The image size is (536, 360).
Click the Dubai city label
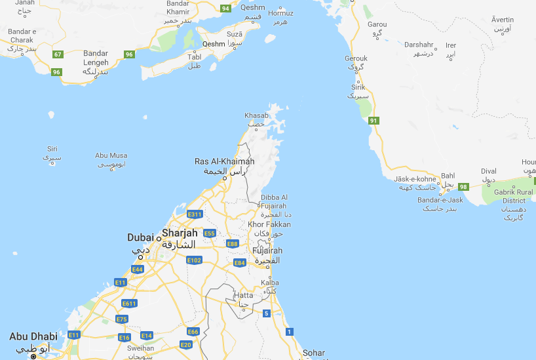click(x=140, y=237)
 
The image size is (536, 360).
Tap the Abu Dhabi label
click(x=33, y=337)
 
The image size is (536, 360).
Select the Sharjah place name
click(x=180, y=233)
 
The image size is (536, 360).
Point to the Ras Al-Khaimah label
click(x=224, y=161)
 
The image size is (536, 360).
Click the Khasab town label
click(x=256, y=115)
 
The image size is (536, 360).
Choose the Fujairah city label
click(x=267, y=250)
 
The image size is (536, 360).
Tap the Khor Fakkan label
click(x=265, y=225)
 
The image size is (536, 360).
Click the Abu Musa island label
click(x=111, y=155)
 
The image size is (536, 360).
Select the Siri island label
click(x=52, y=149)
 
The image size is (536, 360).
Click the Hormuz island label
click(x=281, y=13)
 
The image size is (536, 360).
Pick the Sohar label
click(x=313, y=353)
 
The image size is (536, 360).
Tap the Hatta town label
click(x=243, y=296)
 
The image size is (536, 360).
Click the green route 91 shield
click(x=373, y=121)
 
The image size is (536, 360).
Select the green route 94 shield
click(x=225, y=9)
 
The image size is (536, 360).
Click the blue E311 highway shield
click(x=195, y=214)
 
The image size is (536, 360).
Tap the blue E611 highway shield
click(x=129, y=303)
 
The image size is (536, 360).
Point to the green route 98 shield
click(x=463, y=187)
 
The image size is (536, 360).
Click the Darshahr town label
click(x=419, y=45)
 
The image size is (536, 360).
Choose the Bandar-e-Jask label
click(x=440, y=199)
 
